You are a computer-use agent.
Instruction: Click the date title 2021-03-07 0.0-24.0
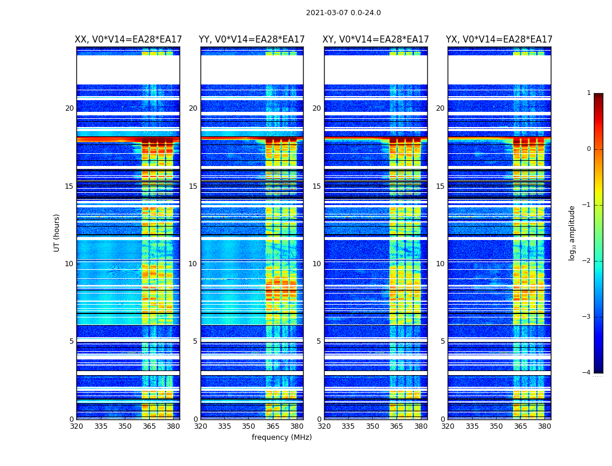[343, 13]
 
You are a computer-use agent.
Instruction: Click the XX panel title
[128, 40]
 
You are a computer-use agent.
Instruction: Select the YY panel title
[252, 40]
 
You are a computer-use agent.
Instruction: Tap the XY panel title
[376, 40]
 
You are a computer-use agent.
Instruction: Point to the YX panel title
[499, 40]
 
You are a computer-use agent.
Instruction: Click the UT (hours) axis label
[57, 232]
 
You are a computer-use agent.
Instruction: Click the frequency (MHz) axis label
[282, 437]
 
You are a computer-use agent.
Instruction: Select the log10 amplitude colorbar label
[572, 232]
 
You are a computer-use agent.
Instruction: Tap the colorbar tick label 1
[589, 93]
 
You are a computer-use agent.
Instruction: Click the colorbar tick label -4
[587, 373]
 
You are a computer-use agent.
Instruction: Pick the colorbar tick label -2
[587, 261]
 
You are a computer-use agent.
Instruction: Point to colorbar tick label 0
[589, 149]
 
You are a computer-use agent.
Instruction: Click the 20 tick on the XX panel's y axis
[69, 108]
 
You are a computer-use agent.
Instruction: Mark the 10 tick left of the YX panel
[441, 264]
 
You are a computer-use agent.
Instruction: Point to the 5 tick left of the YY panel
[195, 341]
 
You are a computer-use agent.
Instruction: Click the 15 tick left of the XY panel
[317, 186]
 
